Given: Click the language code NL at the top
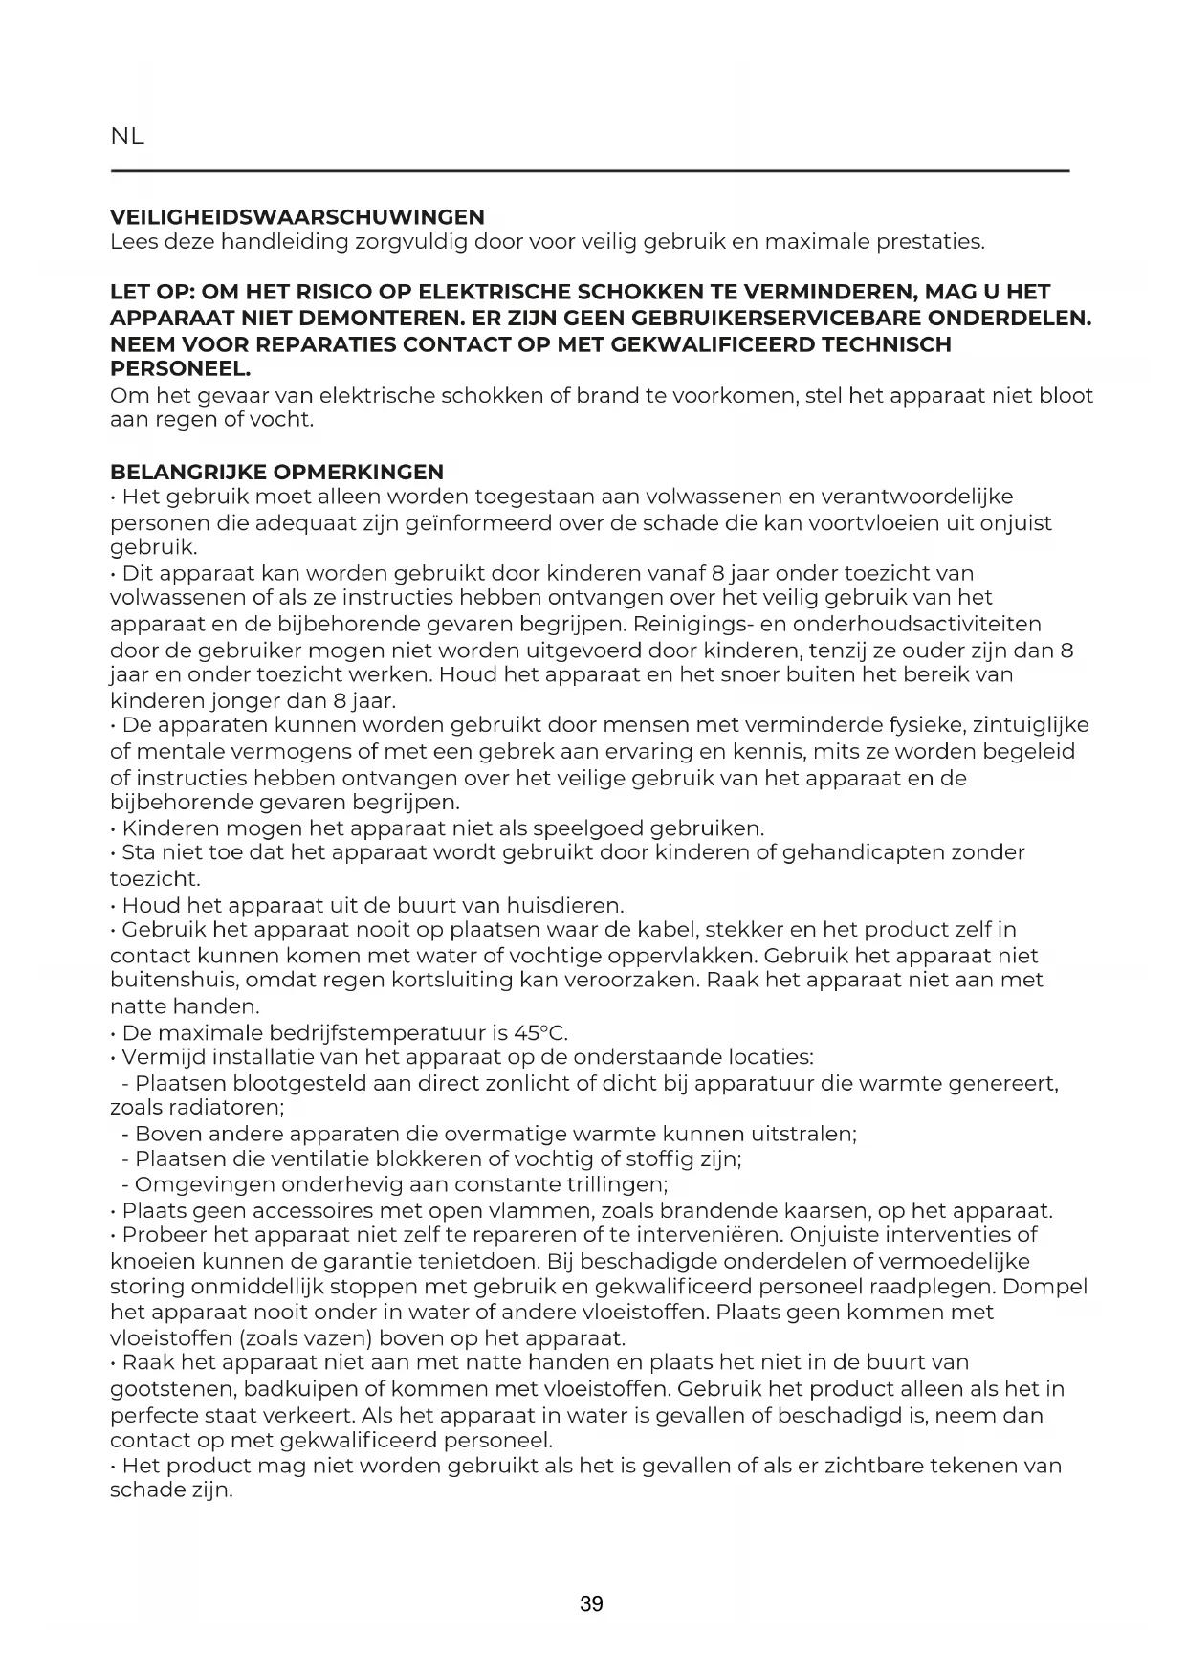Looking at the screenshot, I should click(127, 136).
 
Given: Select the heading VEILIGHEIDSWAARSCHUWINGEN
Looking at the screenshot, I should click(297, 217).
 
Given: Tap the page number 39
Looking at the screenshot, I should click(591, 1604).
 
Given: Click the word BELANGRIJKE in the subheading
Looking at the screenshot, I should click(188, 472).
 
